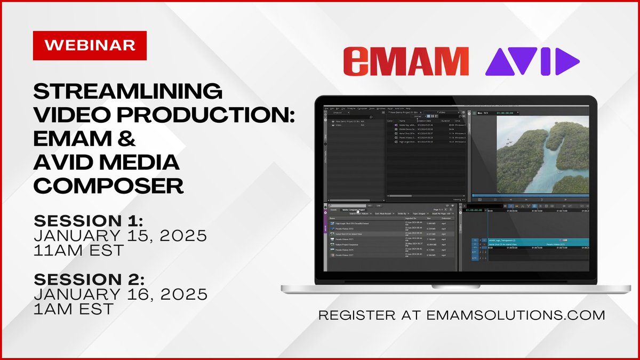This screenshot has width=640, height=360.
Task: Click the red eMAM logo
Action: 406,61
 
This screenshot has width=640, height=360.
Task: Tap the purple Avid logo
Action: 532,61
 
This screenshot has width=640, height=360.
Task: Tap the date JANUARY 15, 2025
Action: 120,236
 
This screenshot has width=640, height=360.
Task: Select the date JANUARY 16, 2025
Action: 120,294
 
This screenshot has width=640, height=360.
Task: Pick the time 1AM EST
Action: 73,309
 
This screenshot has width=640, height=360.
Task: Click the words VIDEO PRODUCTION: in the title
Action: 164,115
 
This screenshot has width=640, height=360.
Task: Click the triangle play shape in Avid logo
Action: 566,61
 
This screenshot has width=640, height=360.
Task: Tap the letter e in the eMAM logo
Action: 355,62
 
